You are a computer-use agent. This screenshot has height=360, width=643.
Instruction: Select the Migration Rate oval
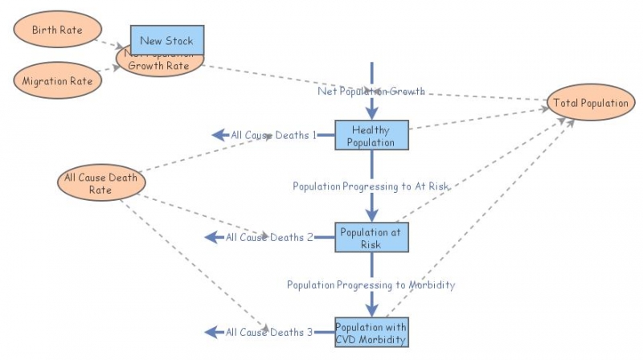coord(57,81)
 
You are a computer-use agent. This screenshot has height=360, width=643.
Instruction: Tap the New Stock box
coord(167,40)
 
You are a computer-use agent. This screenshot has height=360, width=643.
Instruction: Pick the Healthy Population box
coord(372,136)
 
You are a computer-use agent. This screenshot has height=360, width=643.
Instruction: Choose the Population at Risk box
coord(372,238)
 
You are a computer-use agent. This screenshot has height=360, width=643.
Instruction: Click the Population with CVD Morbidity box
coord(372,331)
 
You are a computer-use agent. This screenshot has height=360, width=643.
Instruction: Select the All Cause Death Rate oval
coord(100,183)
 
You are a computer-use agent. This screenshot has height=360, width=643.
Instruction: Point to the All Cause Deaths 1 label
coord(273,135)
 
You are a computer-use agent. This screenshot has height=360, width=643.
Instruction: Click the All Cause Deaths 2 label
coord(269,237)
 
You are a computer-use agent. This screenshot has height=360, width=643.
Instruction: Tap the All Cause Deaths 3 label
coord(269,332)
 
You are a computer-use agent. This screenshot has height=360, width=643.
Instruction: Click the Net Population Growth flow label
coord(371,91)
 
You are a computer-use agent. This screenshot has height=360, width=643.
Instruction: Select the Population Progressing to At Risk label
coord(371,186)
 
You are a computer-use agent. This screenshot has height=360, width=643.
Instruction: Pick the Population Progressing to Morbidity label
coord(371,284)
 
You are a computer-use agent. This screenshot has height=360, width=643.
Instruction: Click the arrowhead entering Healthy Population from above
coord(372,113)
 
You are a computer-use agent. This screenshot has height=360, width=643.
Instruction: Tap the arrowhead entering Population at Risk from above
coord(372,215)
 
